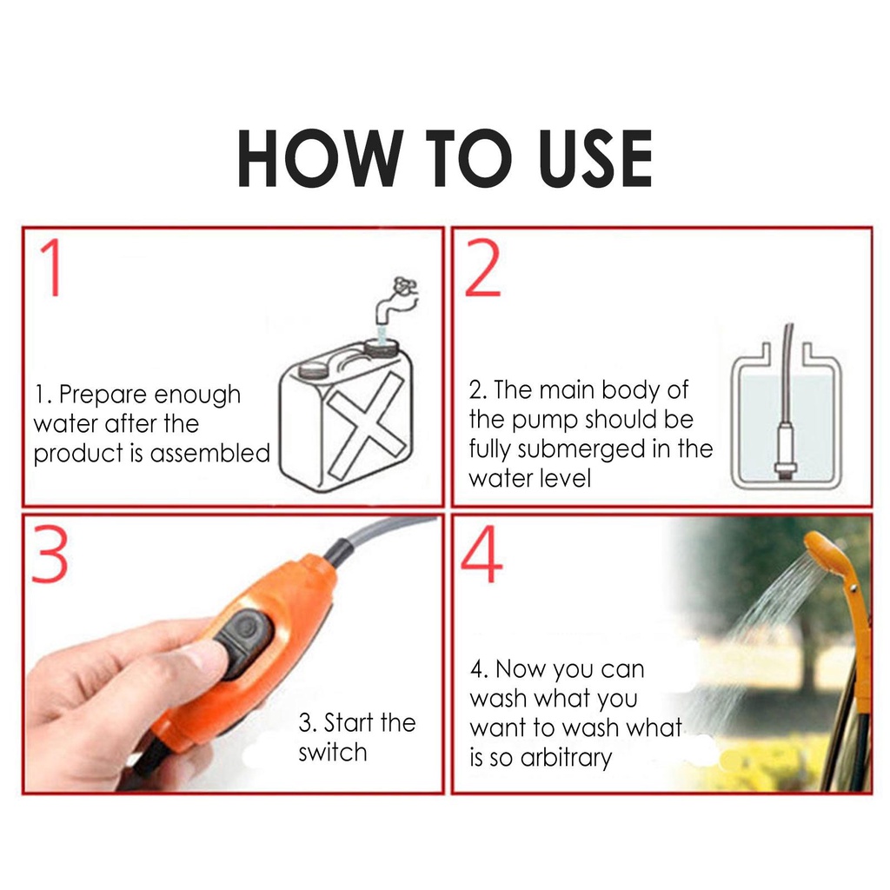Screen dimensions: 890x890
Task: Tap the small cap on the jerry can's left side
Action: (x=313, y=369)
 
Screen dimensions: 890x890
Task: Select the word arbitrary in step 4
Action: (x=566, y=757)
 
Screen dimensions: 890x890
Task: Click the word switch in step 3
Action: (x=333, y=752)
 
